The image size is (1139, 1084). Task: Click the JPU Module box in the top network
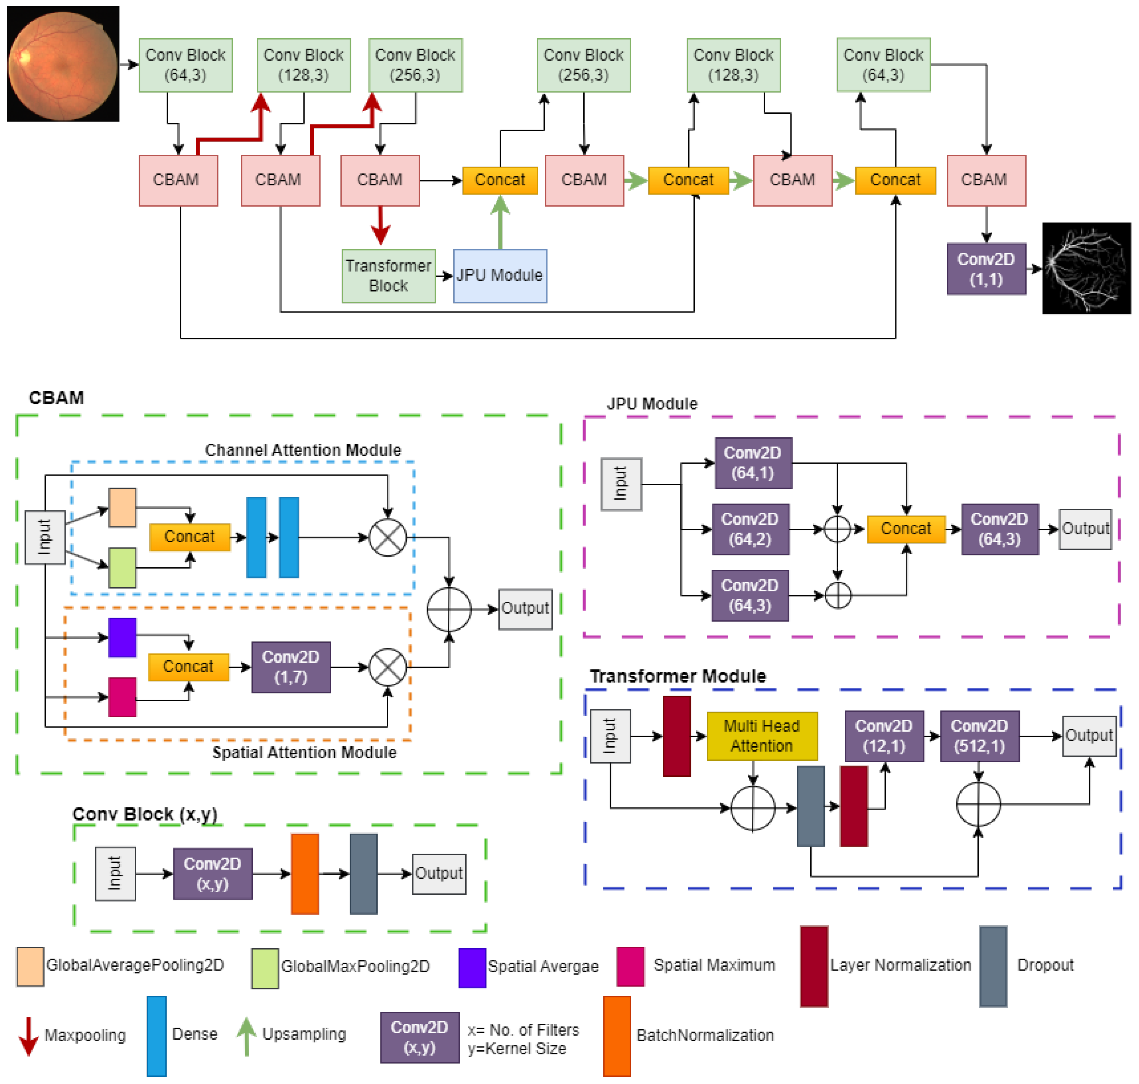click(500, 276)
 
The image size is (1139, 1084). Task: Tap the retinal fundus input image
click(62, 63)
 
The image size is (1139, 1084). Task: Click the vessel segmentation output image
click(1086, 268)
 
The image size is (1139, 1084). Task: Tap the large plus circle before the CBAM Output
click(449, 609)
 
